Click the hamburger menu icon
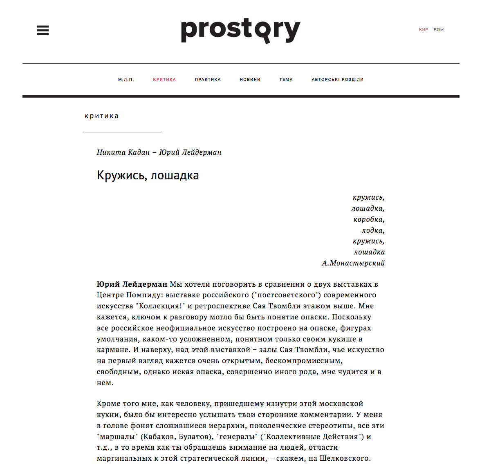pos(43,30)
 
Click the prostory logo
pos(240,31)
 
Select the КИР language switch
pos(424,30)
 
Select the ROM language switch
pos(439,30)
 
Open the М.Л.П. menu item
pos(126,80)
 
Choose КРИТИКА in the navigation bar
pos(164,80)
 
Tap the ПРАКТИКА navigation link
pos(208,80)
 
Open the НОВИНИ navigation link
pos(250,80)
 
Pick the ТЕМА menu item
pos(286,80)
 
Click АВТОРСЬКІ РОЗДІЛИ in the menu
pos(338,80)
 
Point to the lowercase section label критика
pos(102,116)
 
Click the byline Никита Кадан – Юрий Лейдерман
pos(159,152)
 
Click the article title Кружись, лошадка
pos(148,175)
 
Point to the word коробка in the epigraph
pos(369,219)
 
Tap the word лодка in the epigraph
pos(373,230)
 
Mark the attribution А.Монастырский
pos(353,263)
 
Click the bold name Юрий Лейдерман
pos(132,284)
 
